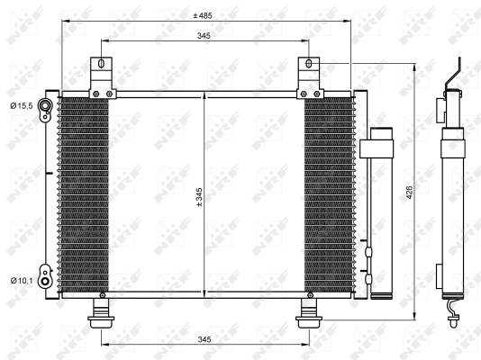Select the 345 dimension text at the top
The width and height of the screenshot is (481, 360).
click(x=205, y=35)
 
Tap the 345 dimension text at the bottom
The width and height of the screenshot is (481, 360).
click(x=205, y=338)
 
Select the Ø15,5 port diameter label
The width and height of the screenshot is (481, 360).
click(x=22, y=106)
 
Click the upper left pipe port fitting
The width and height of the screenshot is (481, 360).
click(x=45, y=106)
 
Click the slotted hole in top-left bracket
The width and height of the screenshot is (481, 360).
click(x=102, y=65)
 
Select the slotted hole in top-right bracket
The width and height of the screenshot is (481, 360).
click(x=309, y=65)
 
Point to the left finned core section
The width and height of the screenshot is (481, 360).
click(x=83, y=193)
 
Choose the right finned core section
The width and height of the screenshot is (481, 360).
click(x=329, y=193)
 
